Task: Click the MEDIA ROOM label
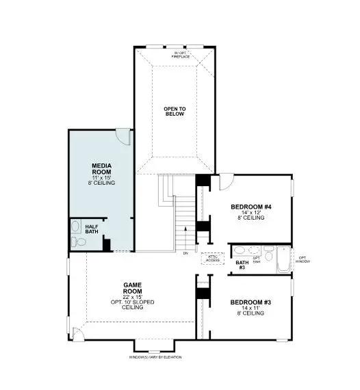tap(101, 170)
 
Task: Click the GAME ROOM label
tap(132, 288)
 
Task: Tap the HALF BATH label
tap(91, 229)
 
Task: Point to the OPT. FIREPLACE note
tap(181, 53)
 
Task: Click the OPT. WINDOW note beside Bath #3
tap(302, 259)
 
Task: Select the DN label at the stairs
tap(185, 254)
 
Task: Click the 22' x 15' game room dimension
tap(132, 296)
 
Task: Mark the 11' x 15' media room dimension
tap(101, 178)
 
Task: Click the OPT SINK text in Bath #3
tap(257, 260)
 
